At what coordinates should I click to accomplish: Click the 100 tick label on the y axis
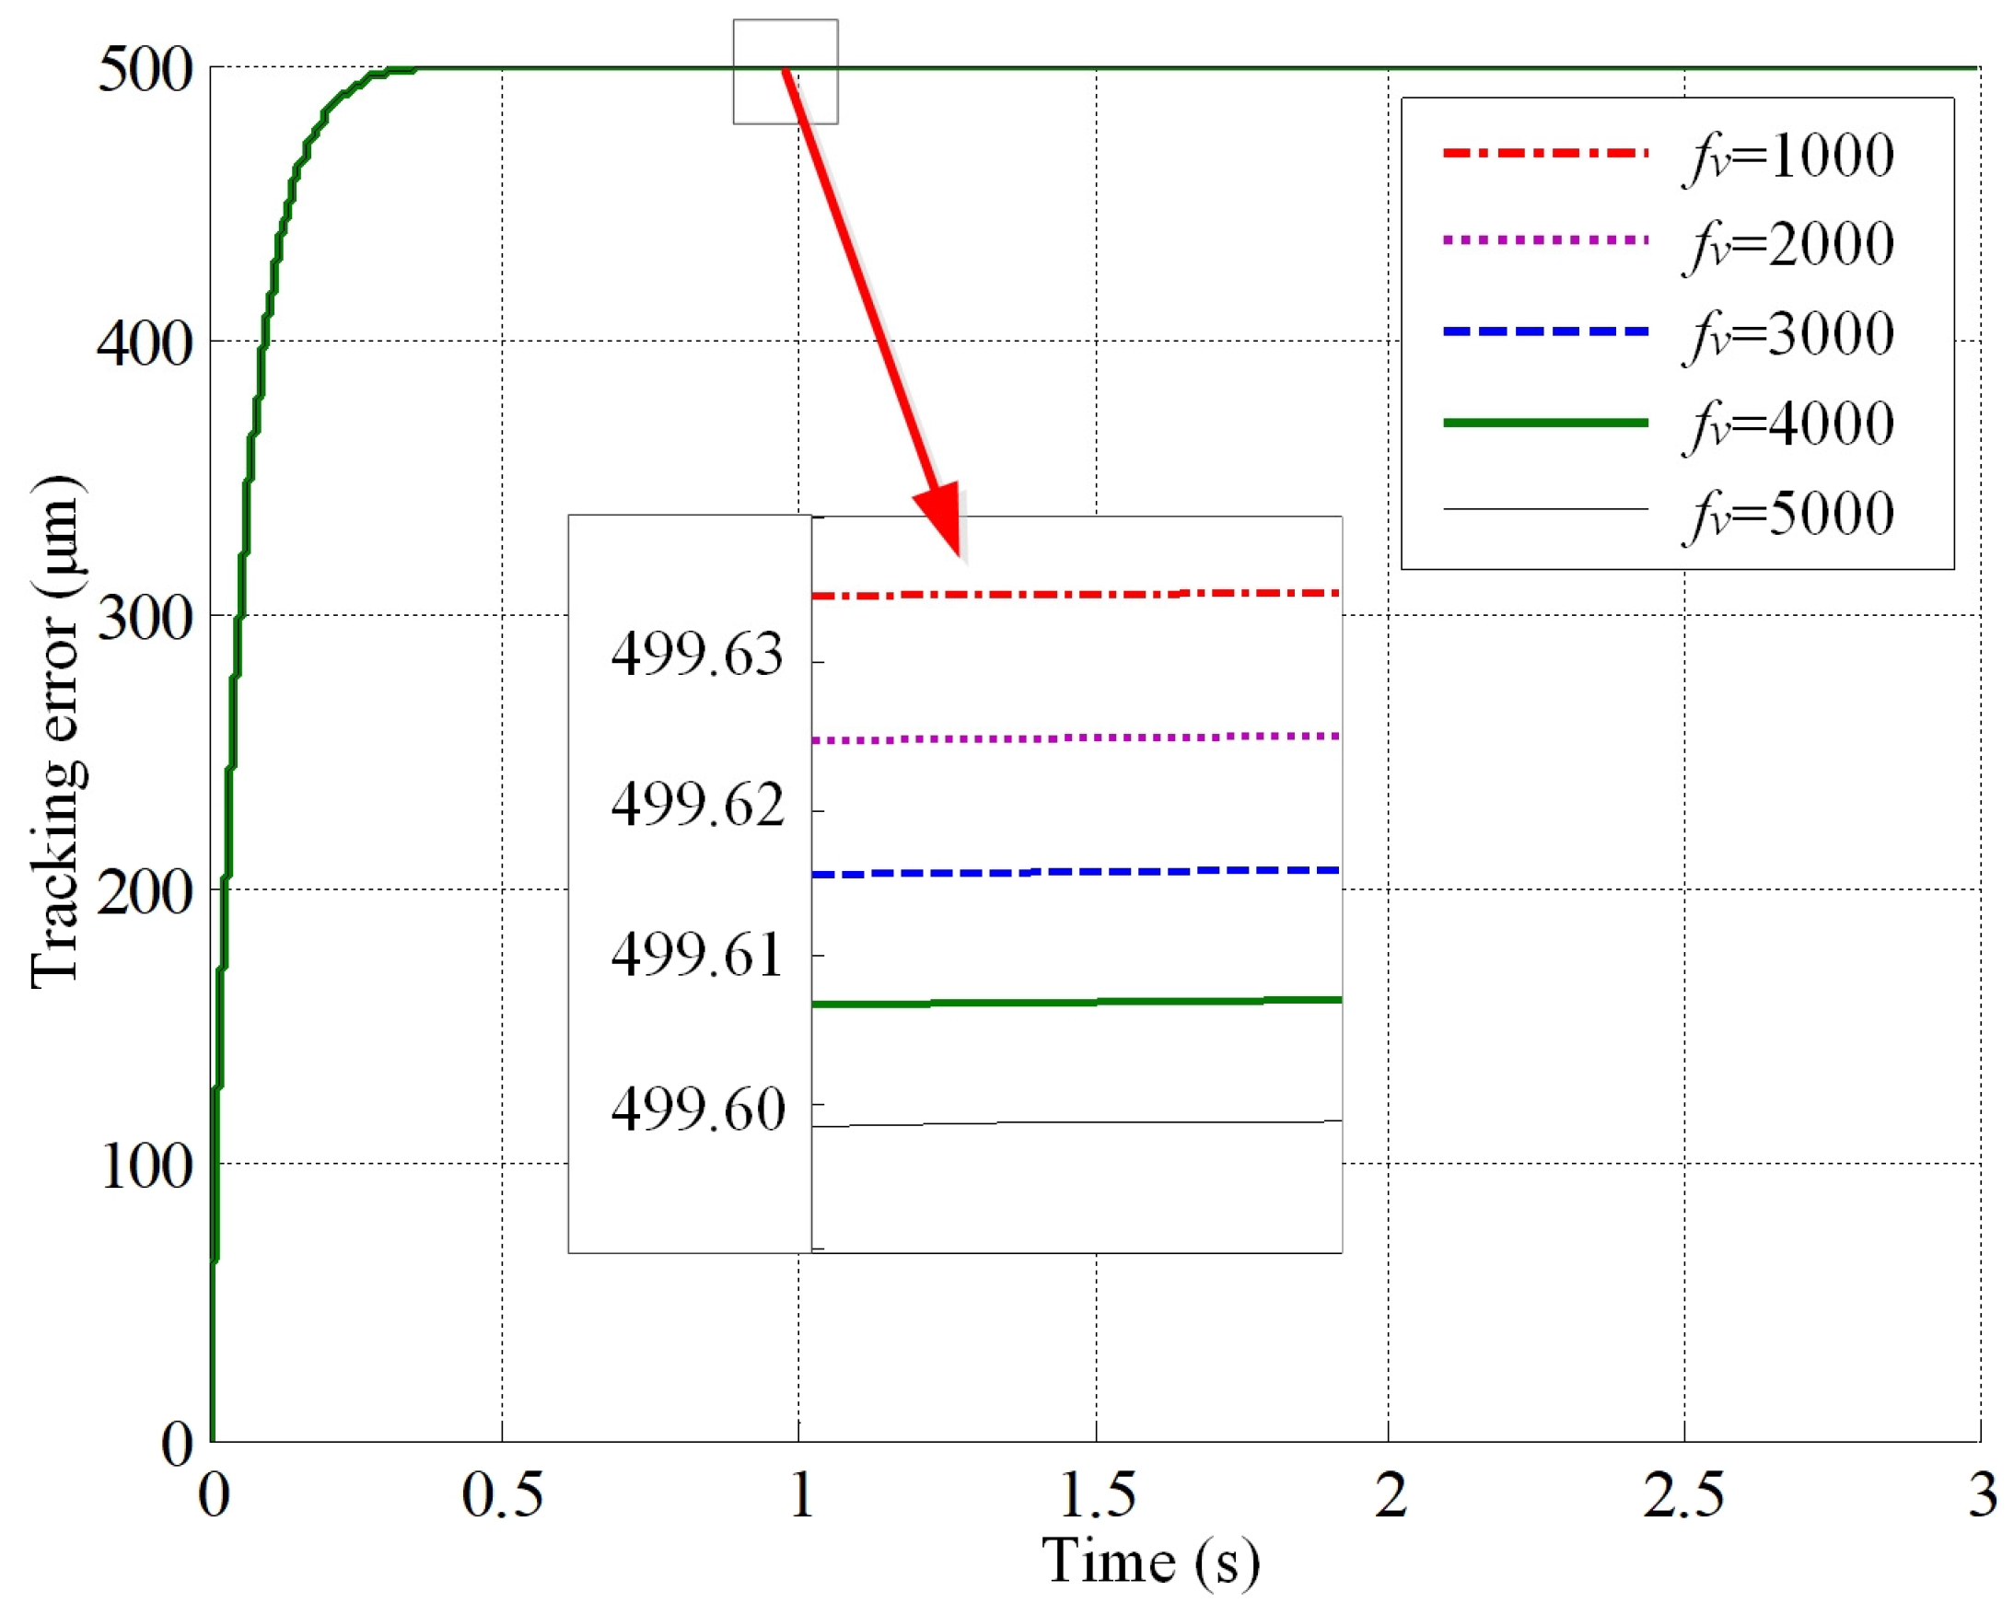[x=145, y=1166]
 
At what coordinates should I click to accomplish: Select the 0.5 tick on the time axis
[x=502, y=1494]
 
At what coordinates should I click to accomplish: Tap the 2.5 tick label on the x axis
[x=1683, y=1494]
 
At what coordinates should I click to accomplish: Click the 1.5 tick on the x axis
[x=1096, y=1494]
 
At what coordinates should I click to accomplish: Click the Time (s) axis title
[x=1150, y=1561]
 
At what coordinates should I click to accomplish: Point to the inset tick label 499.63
[x=697, y=654]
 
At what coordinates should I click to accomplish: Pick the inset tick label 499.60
[x=697, y=1109]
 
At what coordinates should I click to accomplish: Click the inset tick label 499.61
[x=697, y=957]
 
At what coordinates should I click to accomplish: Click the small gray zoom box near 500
[x=785, y=72]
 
